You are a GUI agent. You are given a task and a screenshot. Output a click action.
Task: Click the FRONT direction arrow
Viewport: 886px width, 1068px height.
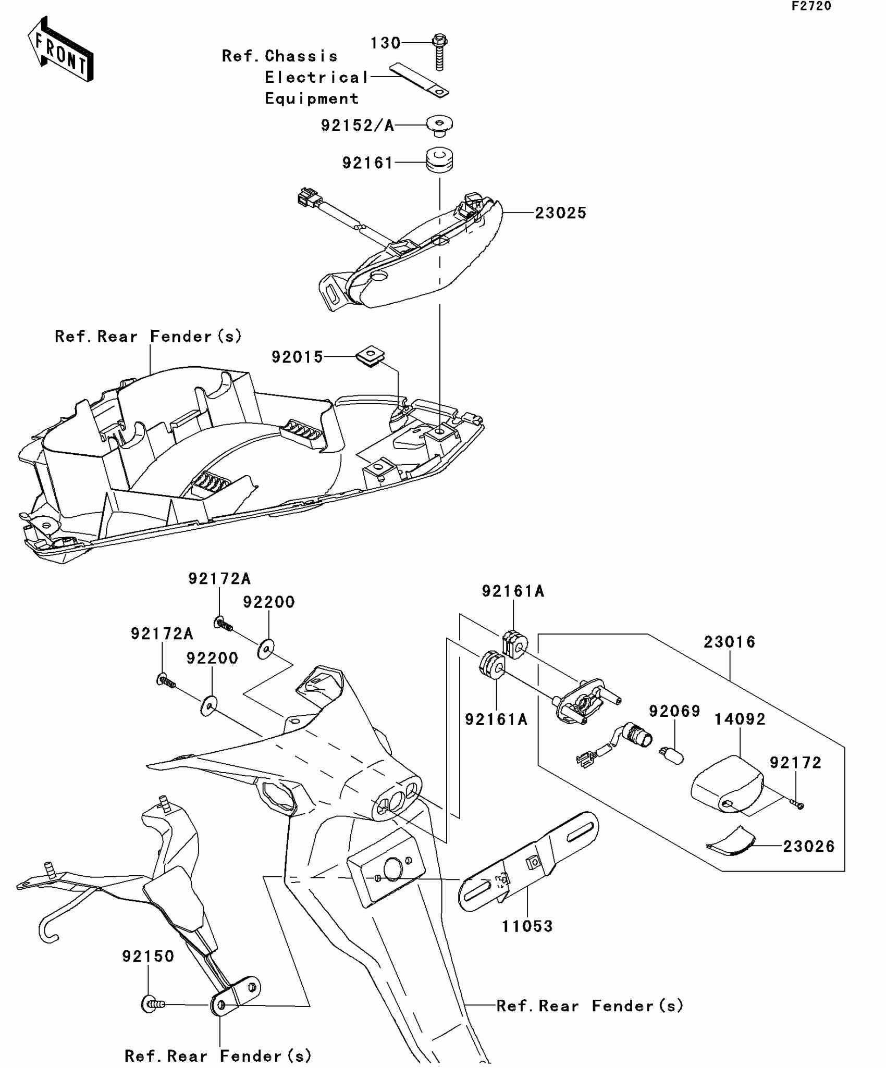[x=60, y=50]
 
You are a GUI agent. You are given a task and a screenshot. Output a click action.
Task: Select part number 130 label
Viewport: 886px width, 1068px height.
[x=385, y=43]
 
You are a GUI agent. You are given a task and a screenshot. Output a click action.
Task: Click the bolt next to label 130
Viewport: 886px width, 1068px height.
[x=439, y=52]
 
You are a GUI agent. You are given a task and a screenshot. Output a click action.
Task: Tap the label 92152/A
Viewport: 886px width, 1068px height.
[x=358, y=126]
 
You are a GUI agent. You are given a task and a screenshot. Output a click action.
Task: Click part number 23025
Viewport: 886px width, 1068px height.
[x=561, y=213]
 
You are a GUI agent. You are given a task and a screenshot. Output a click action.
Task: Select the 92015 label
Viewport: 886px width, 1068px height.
[x=298, y=357]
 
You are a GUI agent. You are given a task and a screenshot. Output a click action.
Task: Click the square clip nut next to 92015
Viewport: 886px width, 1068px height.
[x=371, y=356]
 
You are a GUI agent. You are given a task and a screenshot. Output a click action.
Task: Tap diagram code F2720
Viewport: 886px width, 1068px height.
[x=811, y=7]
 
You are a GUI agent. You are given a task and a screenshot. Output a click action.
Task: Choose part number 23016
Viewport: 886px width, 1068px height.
[x=729, y=642]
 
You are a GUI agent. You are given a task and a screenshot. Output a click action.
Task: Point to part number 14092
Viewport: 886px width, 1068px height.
[x=740, y=719]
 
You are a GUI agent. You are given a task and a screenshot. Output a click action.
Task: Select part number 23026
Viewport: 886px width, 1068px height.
[x=808, y=847]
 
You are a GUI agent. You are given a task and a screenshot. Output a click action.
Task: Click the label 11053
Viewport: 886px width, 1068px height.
[x=527, y=926]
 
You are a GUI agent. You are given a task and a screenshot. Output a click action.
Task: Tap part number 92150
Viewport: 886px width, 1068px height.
[x=148, y=957]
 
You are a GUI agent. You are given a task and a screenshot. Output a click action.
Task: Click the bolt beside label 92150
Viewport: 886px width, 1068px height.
[x=152, y=1003]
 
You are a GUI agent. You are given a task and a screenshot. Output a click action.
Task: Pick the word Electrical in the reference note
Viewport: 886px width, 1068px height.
[x=316, y=78]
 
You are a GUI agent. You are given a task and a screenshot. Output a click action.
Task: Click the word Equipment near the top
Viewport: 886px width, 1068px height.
[x=312, y=98]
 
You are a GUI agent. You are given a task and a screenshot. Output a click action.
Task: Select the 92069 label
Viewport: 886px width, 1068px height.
[x=674, y=711]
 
